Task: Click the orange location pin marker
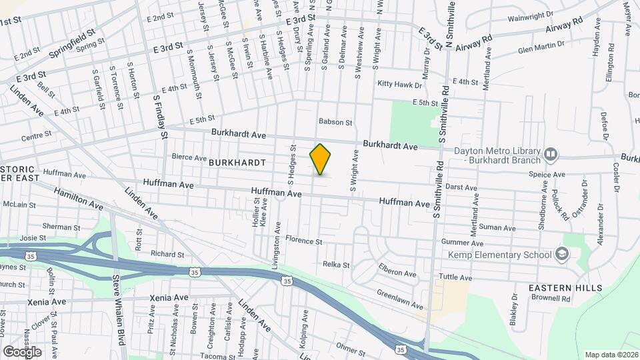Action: pos(320,159)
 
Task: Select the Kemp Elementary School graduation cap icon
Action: pos(562,255)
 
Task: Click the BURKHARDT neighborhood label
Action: pos(237,163)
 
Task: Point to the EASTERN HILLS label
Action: pos(565,288)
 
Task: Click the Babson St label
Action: pos(335,122)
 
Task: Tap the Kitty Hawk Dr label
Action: pos(400,85)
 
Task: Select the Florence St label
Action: pos(304,240)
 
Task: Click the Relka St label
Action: pos(336,265)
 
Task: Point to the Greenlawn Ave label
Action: pos(399,299)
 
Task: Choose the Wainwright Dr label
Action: pos(530,15)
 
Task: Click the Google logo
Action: pos(21,351)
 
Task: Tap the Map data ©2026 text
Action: pos(611,355)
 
